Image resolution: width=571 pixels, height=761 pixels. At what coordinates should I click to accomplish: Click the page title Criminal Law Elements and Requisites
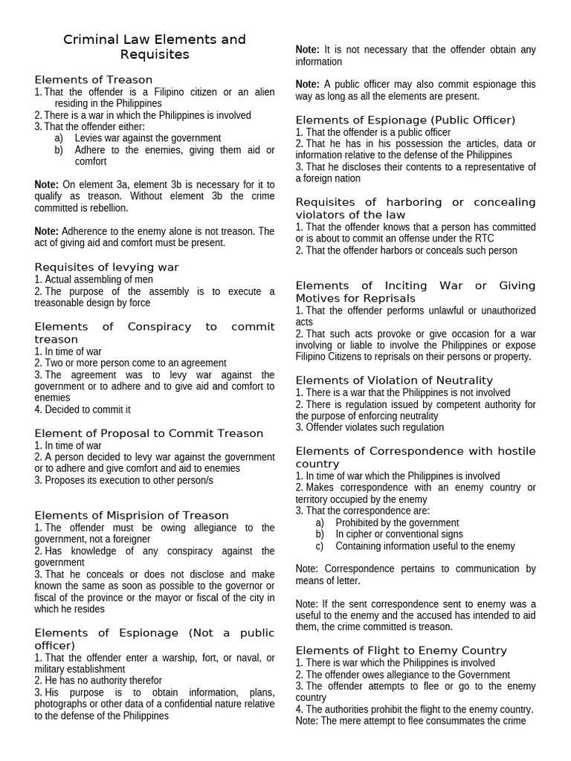[154, 47]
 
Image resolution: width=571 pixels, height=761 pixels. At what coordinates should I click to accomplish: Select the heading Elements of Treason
[93, 80]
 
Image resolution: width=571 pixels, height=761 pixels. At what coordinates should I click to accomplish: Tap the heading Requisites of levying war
[106, 267]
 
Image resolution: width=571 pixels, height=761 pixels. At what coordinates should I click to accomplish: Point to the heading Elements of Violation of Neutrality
[394, 380]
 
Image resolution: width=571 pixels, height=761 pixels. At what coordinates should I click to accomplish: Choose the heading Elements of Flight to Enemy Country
[401, 650]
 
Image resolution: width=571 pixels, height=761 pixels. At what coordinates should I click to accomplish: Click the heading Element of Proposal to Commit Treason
[149, 433]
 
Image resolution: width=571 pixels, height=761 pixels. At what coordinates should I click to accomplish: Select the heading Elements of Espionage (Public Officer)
[405, 120]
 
